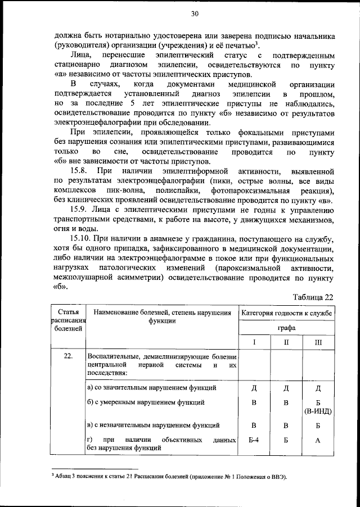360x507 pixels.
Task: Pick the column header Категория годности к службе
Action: pos(286,313)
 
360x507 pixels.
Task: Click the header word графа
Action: pos(286,327)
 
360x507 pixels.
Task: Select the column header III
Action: pos(318,342)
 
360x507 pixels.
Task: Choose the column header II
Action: pos(286,342)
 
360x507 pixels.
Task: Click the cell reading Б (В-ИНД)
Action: pos(318,407)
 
